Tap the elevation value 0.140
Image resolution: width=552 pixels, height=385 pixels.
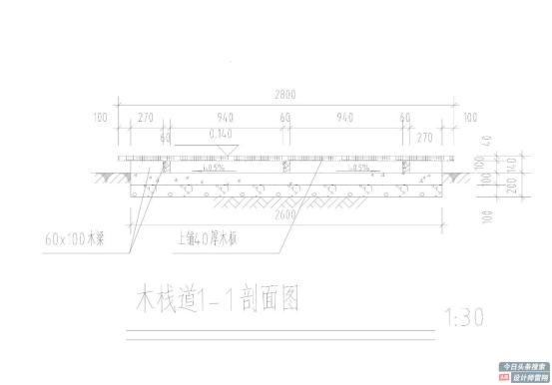click(x=222, y=132)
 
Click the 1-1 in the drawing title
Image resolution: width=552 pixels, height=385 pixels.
click(x=221, y=299)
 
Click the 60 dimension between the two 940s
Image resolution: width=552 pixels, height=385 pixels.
click(x=285, y=117)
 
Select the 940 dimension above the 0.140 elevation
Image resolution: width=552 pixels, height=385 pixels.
click(x=225, y=117)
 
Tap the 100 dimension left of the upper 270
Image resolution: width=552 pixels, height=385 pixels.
click(x=100, y=117)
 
